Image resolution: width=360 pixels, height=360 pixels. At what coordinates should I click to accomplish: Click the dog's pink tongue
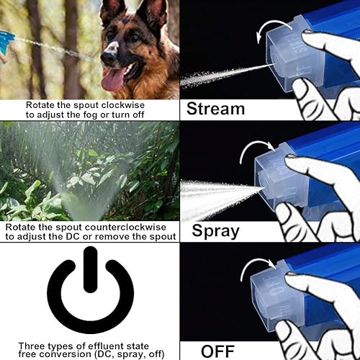(113, 80)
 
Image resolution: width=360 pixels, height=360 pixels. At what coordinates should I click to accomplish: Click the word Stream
(215, 109)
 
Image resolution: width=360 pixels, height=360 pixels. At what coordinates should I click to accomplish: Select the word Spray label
(215, 231)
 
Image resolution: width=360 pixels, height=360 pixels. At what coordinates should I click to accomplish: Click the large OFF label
(217, 351)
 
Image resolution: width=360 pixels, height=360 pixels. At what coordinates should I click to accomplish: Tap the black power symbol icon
(91, 289)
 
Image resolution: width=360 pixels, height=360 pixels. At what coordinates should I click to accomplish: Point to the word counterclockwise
(125, 227)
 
